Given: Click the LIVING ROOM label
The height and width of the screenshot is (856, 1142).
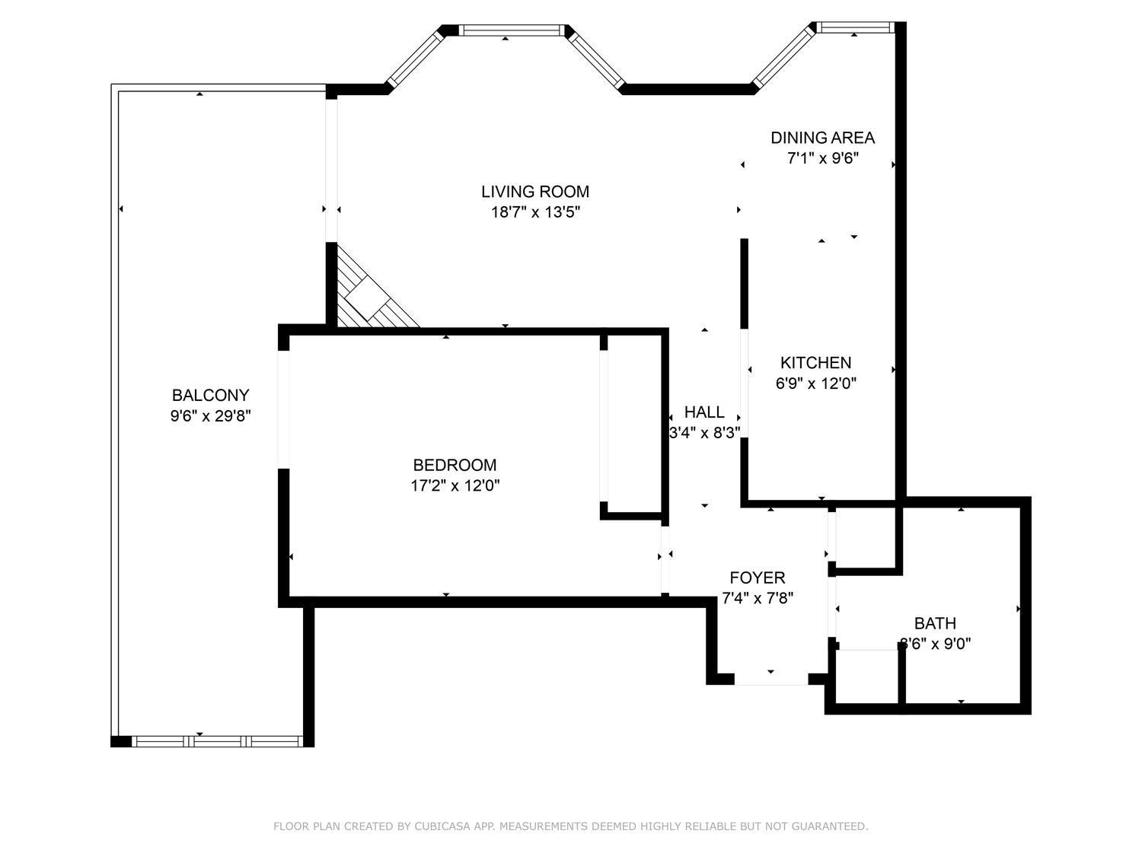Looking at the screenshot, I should pyautogui.click(x=535, y=192).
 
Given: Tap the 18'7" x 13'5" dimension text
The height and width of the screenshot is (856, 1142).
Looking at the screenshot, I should pyautogui.click(x=535, y=212).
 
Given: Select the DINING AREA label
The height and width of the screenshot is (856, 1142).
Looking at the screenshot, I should pyautogui.click(x=822, y=138).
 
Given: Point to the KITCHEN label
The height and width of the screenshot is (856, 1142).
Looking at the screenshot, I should pyautogui.click(x=815, y=363).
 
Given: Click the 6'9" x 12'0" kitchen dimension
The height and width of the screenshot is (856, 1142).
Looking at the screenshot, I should pyautogui.click(x=815, y=383).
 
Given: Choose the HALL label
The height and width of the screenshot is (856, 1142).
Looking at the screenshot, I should pyautogui.click(x=704, y=412).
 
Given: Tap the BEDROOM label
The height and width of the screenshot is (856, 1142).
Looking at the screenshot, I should pyautogui.click(x=455, y=465).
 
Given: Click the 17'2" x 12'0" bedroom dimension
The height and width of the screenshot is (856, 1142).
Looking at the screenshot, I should pyautogui.click(x=455, y=485).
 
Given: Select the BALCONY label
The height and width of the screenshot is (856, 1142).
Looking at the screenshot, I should pyautogui.click(x=210, y=396).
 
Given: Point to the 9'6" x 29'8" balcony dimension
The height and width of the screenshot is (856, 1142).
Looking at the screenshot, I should pyautogui.click(x=210, y=416).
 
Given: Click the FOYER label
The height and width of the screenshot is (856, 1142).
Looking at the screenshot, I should pyautogui.click(x=757, y=578).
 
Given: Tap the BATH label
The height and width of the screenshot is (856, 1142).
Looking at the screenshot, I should pyautogui.click(x=935, y=623).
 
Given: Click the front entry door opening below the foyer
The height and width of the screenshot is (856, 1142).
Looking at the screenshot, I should pyautogui.click(x=770, y=679).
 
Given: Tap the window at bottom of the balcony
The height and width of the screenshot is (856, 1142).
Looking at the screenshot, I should pyautogui.click(x=218, y=741).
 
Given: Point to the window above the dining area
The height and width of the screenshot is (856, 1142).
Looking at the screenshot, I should pyautogui.click(x=854, y=28).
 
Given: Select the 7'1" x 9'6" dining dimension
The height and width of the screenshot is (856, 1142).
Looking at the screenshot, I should pyautogui.click(x=822, y=159).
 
